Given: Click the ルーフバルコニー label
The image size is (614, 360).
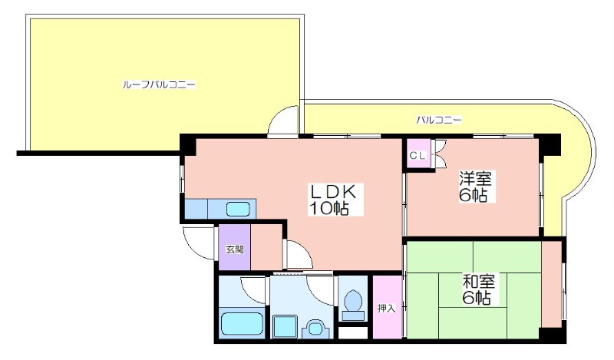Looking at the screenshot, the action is click(x=159, y=84).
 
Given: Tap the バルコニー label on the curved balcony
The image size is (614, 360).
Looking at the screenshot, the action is click(x=438, y=120).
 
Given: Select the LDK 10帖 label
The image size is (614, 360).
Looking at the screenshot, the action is click(x=332, y=200).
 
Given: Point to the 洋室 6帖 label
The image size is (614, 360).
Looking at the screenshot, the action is click(x=476, y=187).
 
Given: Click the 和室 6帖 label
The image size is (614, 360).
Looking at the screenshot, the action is click(x=478, y=289).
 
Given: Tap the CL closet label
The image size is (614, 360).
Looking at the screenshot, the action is click(x=417, y=156).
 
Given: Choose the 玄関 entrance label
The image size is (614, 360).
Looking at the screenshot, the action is click(x=235, y=249).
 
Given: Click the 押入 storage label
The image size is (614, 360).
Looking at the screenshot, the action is click(x=387, y=309).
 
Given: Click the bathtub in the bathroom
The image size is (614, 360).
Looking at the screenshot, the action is click(x=243, y=323).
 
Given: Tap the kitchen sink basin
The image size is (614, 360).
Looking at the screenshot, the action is click(x=238, y=208).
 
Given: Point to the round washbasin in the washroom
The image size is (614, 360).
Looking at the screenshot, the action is click(x=314, y=328).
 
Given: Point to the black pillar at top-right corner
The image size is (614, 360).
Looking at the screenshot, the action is click(x=549, y=144).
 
